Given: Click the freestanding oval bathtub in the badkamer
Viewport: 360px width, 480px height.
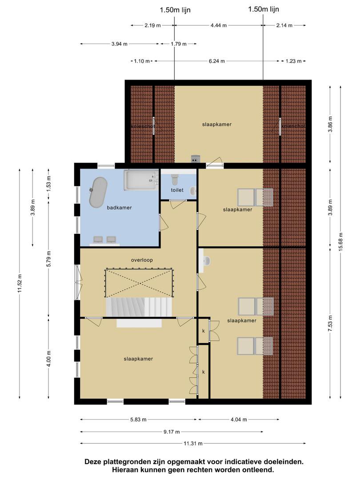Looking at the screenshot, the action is coord(98,192).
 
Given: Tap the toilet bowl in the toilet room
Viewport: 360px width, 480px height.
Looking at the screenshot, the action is coord(175,180).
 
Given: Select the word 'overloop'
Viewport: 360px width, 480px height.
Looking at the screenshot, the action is coord(142,260).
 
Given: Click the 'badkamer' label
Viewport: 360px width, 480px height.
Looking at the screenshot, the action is coord(120,208).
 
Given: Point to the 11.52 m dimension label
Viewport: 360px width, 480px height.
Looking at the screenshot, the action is coord(20,284).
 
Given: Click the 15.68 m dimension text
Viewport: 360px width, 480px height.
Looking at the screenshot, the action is coord(341,242).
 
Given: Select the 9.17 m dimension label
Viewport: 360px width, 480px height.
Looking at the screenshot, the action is coord(172,432).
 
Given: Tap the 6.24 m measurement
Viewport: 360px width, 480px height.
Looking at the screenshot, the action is coord(217,61).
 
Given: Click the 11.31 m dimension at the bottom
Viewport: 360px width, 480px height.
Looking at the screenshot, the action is coord(193,443).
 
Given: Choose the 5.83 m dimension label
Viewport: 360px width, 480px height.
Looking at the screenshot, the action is coord(138,420).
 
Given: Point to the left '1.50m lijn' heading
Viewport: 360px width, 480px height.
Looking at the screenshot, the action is coord(175,10).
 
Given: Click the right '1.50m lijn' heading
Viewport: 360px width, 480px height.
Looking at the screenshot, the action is coord(264,9).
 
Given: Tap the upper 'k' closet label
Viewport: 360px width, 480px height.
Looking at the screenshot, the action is coord(203,331).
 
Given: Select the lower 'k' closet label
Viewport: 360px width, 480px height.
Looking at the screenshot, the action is coord(203,372).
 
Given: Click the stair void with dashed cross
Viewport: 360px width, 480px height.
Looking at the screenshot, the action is coord(139,283).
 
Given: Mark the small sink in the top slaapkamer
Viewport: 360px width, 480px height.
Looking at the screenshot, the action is coord(195,159).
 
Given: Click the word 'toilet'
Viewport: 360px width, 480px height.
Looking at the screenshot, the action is coord(177,190).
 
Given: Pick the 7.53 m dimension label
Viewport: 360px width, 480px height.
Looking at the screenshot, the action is coord(330,323).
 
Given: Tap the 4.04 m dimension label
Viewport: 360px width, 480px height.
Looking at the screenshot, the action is coord(239,420).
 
